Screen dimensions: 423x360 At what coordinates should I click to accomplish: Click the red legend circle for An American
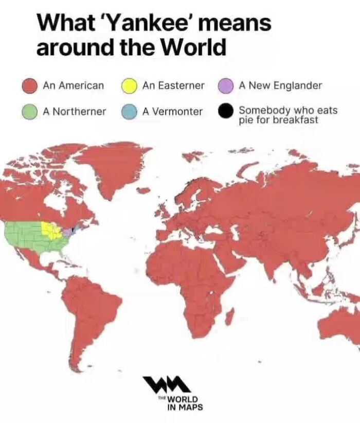click(x=30, y=86)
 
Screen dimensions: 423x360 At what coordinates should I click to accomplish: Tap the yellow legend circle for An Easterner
click(x=129, y=86)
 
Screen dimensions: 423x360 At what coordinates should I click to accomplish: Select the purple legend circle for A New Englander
click(x=225, y=86)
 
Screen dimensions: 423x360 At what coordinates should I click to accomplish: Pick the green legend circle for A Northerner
click(x=30, y=111)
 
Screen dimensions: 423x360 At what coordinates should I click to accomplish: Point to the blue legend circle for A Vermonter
click(x=129, y=111)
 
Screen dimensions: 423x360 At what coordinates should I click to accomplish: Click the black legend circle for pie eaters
click(x=225, y=111)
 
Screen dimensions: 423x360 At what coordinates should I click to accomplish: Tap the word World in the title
click(x=194, y=48)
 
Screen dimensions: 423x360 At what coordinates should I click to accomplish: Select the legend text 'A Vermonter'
click(x=172, y=111)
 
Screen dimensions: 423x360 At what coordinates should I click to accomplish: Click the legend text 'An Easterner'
click(x=173, y=86)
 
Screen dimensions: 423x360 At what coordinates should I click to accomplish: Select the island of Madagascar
click(x=229, y=315)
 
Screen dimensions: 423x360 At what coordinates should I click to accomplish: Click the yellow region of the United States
click(x=51, y=230)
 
